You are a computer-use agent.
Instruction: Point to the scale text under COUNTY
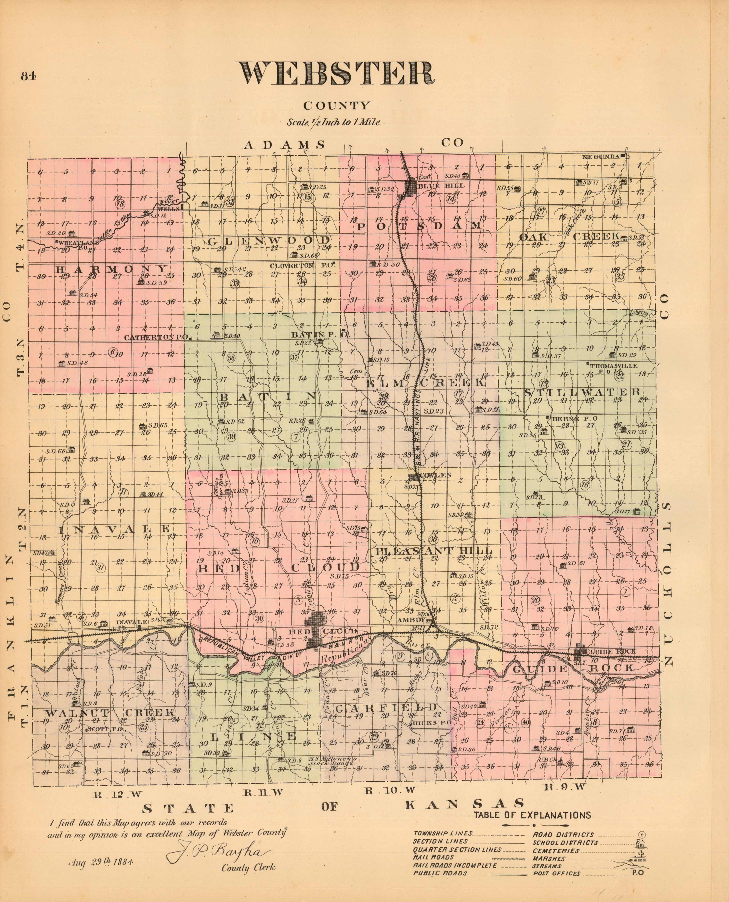(333, 122)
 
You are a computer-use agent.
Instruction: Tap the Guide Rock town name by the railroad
(613, 652)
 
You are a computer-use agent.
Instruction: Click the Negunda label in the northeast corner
(600, 157)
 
